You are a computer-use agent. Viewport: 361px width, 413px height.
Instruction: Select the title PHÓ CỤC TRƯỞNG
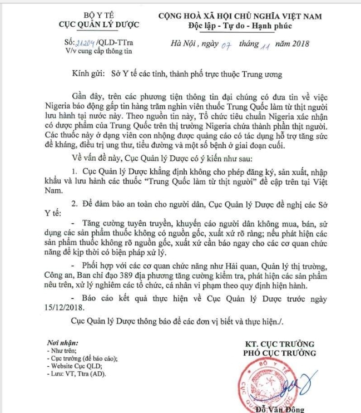(279, 353)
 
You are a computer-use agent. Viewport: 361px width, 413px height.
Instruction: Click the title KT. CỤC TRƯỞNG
(279, 344)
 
